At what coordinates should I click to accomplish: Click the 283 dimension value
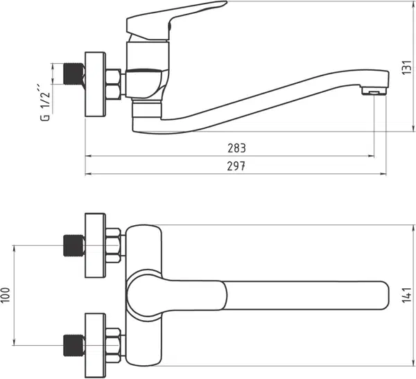236,148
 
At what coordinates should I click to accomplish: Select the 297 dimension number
236,166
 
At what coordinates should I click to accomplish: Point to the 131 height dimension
406,68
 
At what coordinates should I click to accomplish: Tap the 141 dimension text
406,294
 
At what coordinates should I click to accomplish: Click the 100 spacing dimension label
6,295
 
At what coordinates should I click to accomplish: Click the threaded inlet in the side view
74,74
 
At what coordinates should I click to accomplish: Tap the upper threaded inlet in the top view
73,245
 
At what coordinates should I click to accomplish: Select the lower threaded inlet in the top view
73,346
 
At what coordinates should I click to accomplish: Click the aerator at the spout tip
374,91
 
